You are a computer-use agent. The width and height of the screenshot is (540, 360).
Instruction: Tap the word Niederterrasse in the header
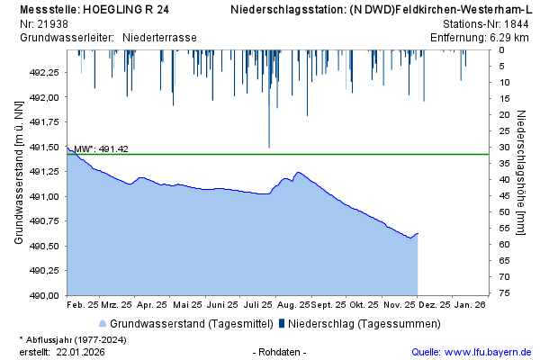click(x=159, y=37)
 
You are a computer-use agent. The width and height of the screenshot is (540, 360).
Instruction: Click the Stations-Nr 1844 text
click(x=487, y=23)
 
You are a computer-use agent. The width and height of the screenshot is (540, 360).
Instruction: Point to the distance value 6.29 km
click(x=510, y=37)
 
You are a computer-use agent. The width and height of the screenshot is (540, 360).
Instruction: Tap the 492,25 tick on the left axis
click(x=45, y=72)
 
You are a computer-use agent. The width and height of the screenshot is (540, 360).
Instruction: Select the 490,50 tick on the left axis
click(x=45, y=246)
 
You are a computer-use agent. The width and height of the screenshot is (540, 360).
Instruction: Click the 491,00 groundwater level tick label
click(x=45, y=196)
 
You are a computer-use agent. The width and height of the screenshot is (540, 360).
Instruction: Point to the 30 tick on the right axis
click(x=507, y=147)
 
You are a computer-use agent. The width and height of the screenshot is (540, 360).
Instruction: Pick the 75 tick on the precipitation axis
click(x=507, y=293)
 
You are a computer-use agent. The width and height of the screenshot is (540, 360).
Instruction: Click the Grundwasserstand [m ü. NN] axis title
click(x=18, y=173)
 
